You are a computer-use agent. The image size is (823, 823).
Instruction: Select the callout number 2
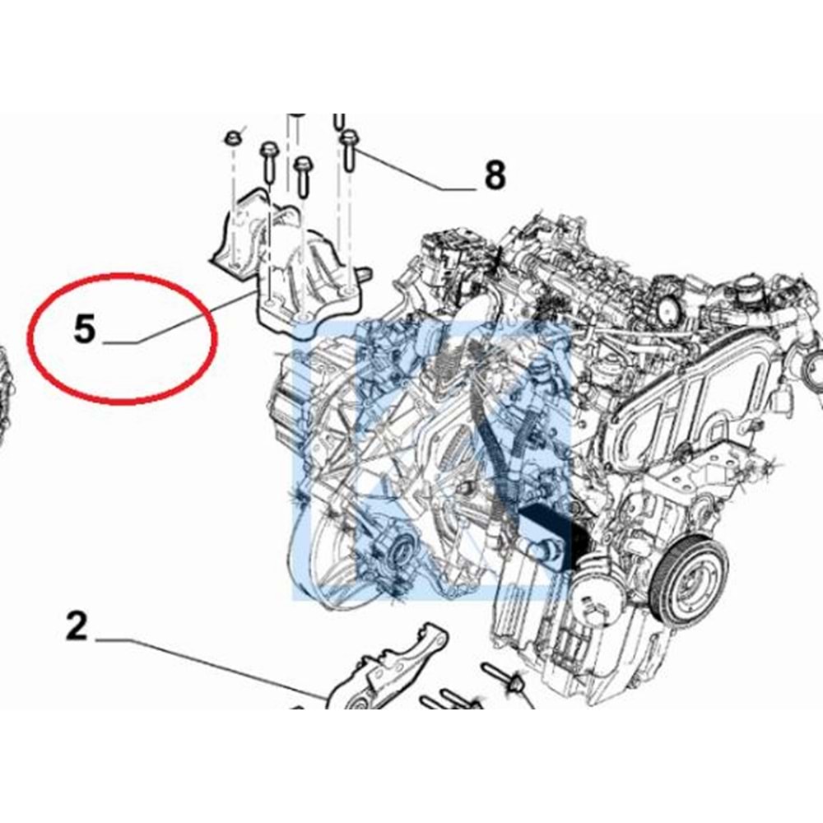(77, 627)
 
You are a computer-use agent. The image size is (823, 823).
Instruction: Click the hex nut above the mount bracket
(231, 137)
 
